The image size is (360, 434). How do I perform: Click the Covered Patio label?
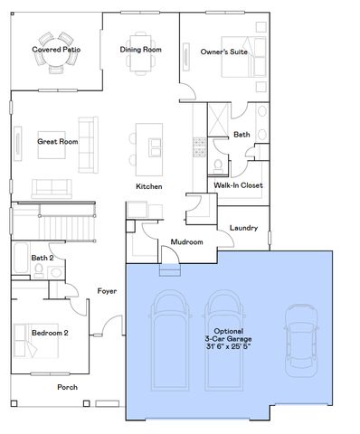[51, 49]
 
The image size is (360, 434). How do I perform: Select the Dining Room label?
[140, 49]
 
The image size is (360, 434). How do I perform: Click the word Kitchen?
[148, 186]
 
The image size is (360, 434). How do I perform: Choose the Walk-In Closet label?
[238, 184]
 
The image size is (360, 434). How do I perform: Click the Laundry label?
[244, 228]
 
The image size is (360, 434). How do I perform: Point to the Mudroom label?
[186, 242]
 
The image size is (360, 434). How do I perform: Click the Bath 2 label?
[42, 258]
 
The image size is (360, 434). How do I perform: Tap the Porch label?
[67, 387]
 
